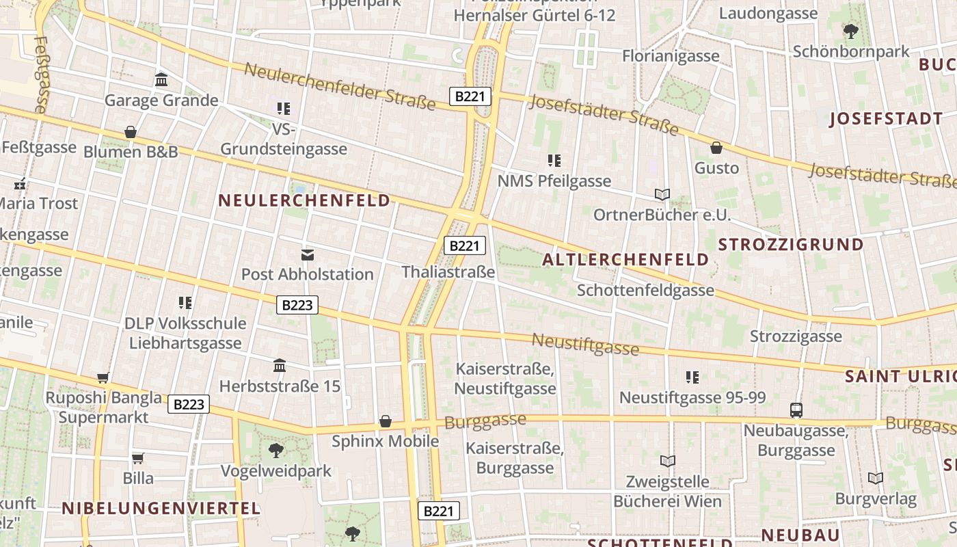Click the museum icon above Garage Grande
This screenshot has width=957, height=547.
click(161, 80)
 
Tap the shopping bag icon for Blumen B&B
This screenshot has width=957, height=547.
click(131, 131)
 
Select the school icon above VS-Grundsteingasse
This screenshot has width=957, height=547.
click(284, 108)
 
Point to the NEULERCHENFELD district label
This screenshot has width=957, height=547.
click(304, 200)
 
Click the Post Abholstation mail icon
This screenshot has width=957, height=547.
click(308, 254)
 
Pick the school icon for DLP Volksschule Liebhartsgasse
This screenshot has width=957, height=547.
click(185, 302)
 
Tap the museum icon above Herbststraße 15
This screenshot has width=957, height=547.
click(279, 366)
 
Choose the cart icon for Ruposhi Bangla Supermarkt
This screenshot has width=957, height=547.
click(103, 377)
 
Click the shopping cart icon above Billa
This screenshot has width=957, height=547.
click(138, 457)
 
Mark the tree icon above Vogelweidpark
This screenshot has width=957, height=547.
click(276, 450)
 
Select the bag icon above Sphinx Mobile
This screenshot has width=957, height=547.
click(386, 421)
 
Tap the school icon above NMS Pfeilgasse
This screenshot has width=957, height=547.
click(554, 161)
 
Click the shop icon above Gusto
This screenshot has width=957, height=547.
click(716, 147)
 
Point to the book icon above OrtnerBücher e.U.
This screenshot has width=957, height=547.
click(662, 194)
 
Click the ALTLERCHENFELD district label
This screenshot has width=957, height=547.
click(625, 260)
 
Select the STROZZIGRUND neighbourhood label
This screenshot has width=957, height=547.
click(791, 245)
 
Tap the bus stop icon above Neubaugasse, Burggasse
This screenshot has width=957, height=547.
click(796, 410)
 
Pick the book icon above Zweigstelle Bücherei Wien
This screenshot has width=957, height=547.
click(667, 461)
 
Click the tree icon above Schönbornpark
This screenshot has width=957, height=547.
click(851, 31)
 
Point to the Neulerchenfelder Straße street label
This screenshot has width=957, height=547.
click(340, 87)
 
